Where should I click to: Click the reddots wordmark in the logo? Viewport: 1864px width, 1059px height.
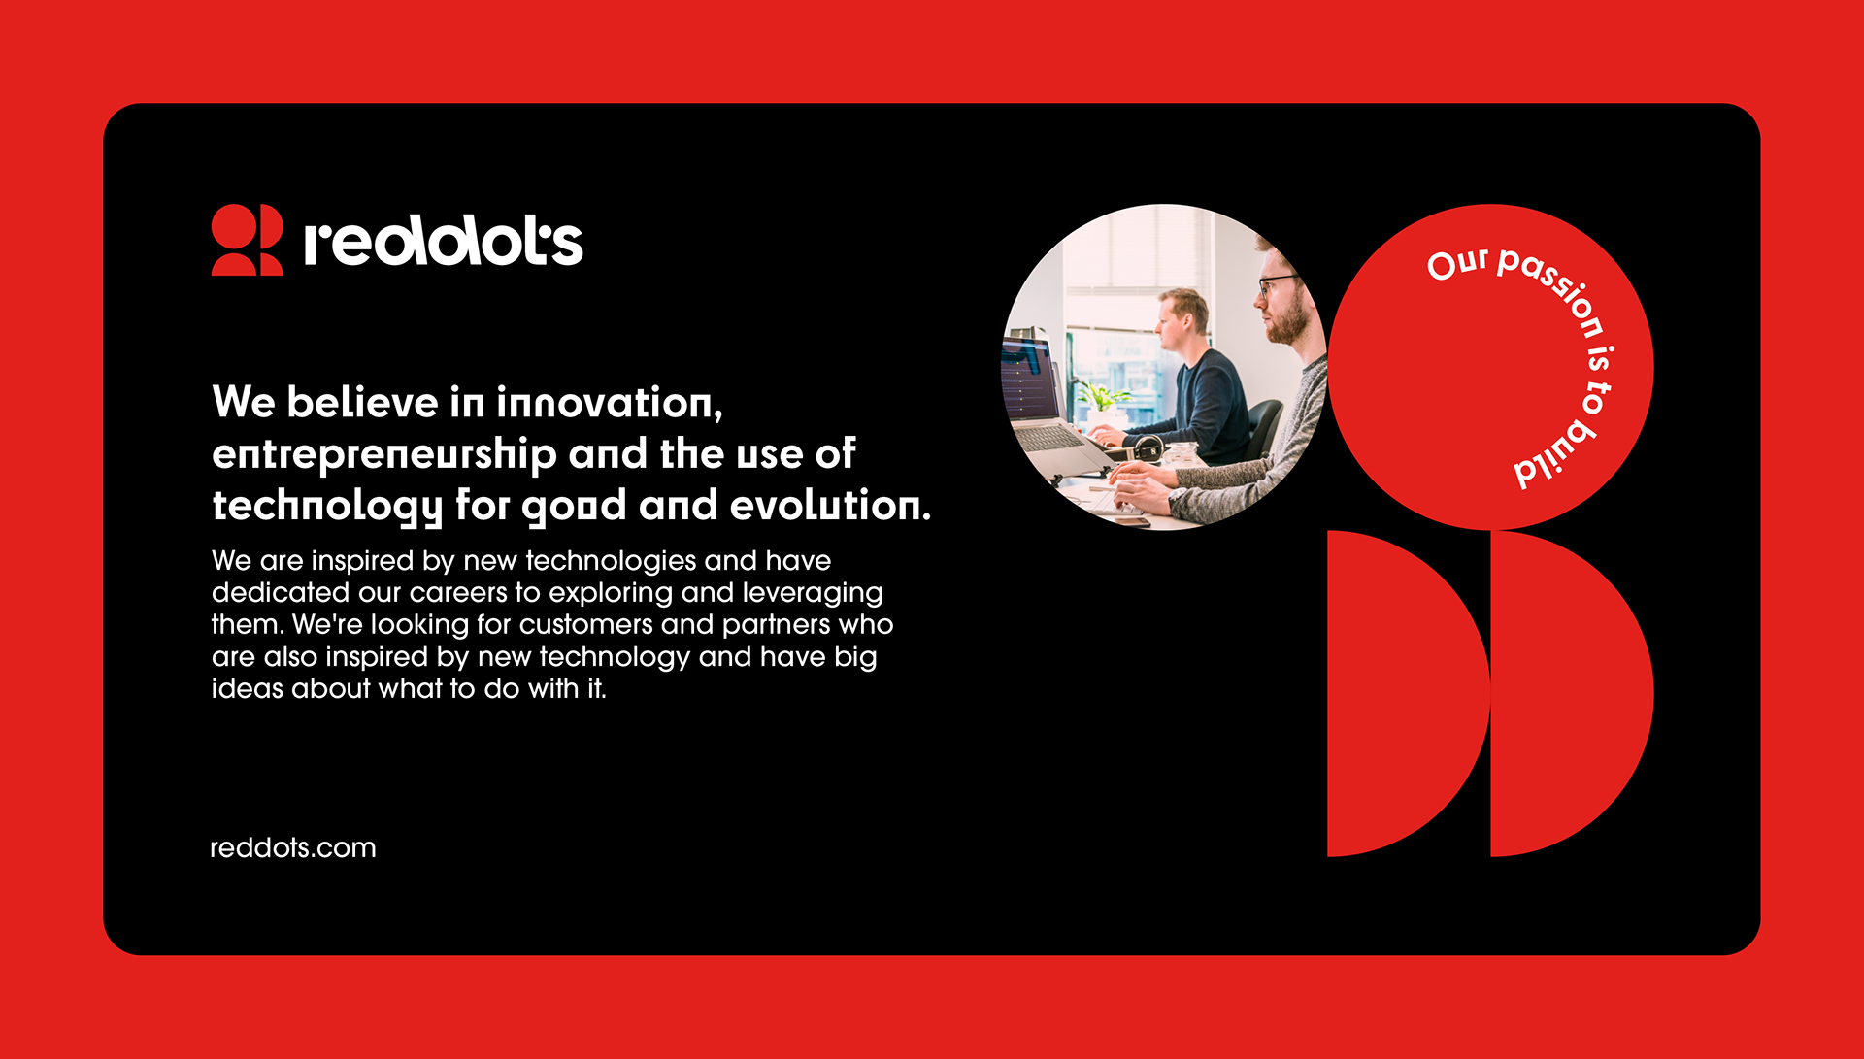(x=444, y=243)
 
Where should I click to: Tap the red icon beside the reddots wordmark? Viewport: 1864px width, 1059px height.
(x=247, y=240)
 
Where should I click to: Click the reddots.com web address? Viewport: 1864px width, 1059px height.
(x=293, y=847)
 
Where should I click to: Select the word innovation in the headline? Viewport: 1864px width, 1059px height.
(x=610, y=403)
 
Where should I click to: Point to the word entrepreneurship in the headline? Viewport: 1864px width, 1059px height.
(x=384, y=454)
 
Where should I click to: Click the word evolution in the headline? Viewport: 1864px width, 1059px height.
(x=830, y=505)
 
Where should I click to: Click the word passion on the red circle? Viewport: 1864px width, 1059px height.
(x=1553, y=288)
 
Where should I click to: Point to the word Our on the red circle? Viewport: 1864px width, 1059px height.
(x=1457, y=263)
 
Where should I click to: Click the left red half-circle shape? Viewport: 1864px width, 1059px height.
(x=1398, y=693)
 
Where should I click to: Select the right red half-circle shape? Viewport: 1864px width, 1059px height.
(x=1563, y=693)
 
